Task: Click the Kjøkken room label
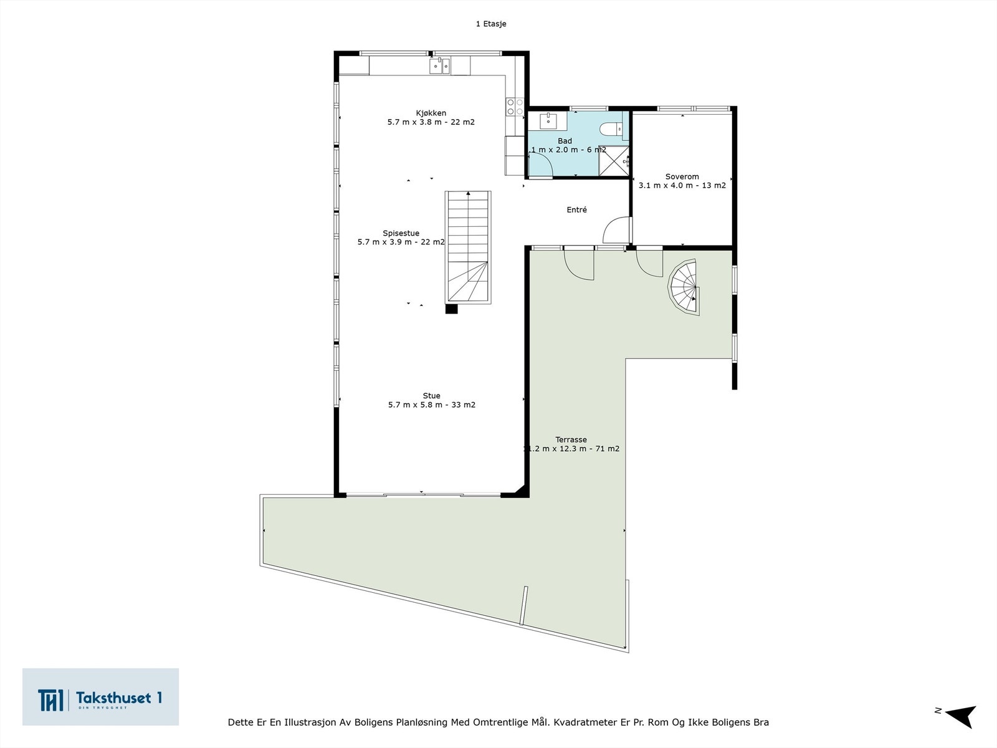pyautogui.click(x=431, y=113)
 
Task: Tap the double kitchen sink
pyautogui.click(x=439, y=65)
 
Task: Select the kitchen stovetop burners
pyautogui.click(x=515, y=107)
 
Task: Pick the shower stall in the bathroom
pyautogui.click(x=613, y=161)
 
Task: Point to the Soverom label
pyautogui.click(x=682, y=176)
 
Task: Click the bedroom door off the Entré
pyautogui.click(x=617, y=229)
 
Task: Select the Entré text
pyautogui.click(x=576, y=210)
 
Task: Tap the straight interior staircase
pyautogui.click(x=468, y=247)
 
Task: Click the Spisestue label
pyautogui.click(x=401, y=233)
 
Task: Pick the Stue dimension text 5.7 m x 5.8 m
pyautogui.click(x=431, y=405)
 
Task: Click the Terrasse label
pyautogui.click(x=571, y=439)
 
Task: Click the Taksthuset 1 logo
pyautogui.click(x=100, y=697)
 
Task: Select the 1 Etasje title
pyautogui.click(x=491, y=24)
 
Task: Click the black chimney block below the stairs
pyautogui.click(x=452, y=309)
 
